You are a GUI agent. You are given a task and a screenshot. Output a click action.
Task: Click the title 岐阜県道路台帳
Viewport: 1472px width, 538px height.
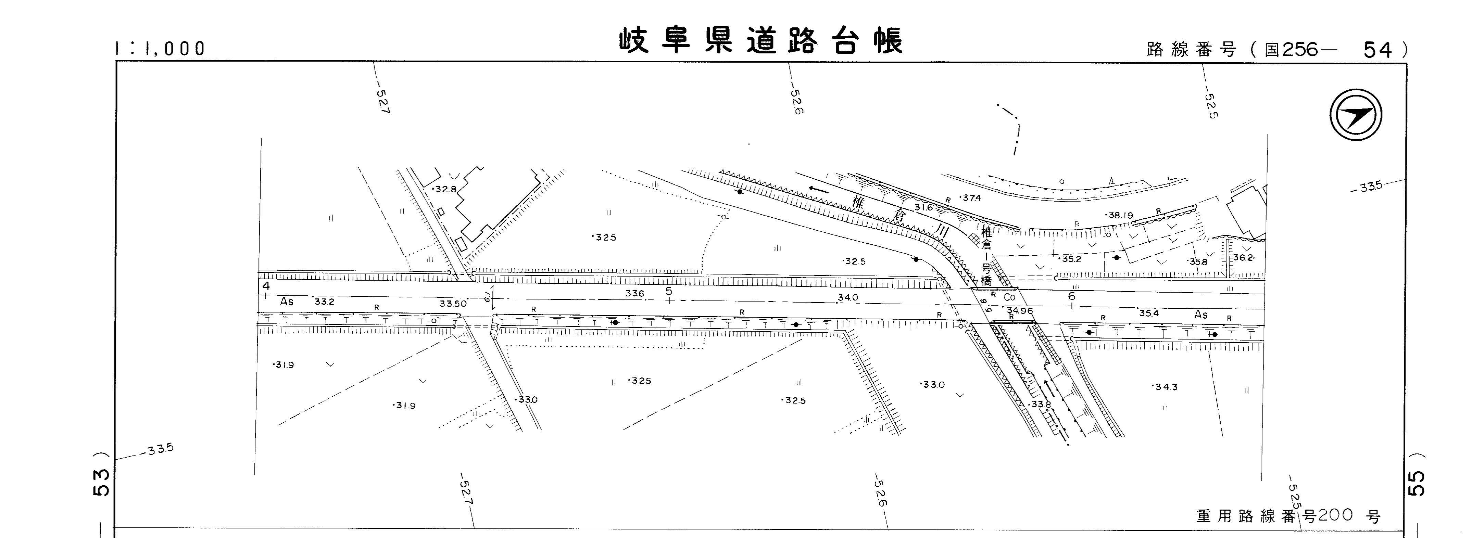point(761,41)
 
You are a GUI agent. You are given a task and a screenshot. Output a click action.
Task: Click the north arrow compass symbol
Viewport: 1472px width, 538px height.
point(1356,115)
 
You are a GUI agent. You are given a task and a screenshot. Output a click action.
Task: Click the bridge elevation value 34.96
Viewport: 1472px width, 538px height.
point(1021,311)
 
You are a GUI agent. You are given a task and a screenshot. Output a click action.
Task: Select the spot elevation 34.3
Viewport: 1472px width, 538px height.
point(1166,387)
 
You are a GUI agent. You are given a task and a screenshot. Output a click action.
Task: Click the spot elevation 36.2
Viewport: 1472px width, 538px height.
point(1243,258)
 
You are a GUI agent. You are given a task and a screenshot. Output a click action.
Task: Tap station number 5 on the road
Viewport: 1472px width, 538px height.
point(669,291)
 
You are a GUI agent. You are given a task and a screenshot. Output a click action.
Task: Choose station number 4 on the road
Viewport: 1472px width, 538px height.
point(266,285)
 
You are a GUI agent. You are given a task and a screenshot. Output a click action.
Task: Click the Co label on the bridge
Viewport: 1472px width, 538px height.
point(1010,297)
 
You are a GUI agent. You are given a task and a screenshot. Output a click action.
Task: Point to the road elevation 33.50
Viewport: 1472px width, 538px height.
point(453,303)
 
